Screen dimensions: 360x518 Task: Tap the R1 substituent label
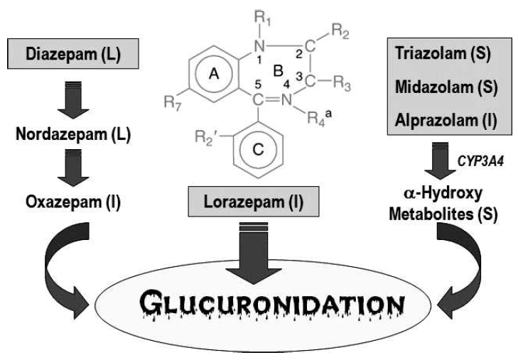click(246, 14)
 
